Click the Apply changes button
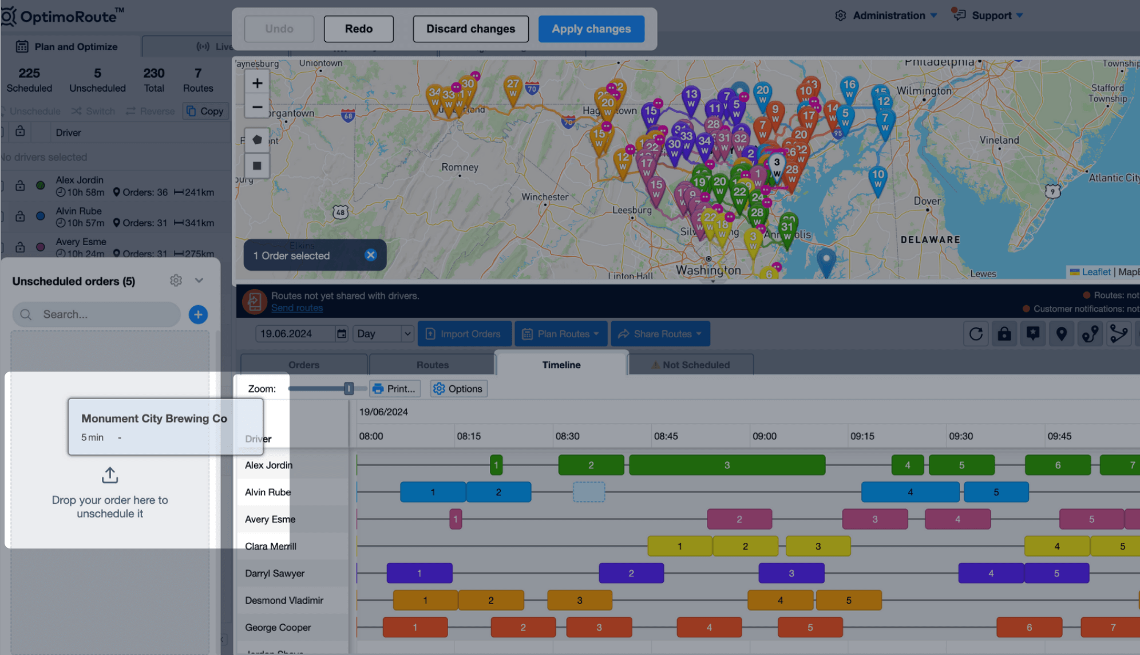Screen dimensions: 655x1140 [x=591, y=29]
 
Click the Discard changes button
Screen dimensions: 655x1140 [x=470, y=29]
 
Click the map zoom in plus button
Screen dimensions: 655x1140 [x=257, y=83]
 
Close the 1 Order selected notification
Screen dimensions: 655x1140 [x=371, y=255]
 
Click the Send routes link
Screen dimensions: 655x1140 [x=296, y=308]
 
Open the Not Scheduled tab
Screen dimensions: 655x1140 [x=691, y=365]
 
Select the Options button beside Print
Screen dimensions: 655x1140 [x=458, y=389]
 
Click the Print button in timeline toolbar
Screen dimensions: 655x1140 [x=394, y=389]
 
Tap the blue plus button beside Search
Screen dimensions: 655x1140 [x=198, y=314]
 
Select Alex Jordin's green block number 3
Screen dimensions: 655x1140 [x=727, y=465]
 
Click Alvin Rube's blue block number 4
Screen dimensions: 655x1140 [x=910, y=492]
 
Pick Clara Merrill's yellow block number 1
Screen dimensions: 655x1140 [x=679, y=546]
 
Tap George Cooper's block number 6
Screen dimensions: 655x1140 [x=1029, y=628]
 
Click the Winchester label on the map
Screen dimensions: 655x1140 [x=544, y=197]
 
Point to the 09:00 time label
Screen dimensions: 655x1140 [x=765, y=436]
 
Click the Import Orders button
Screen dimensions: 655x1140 [x=464, y=334]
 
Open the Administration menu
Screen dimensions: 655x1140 [x=888, y=15]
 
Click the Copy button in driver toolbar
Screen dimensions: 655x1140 [x=205, y=111]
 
